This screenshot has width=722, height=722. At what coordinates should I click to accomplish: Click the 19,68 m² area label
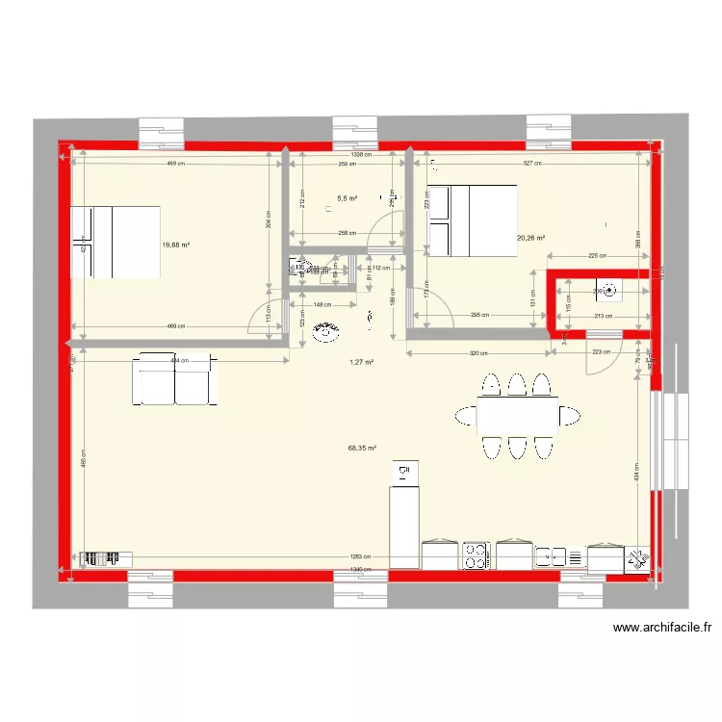(x=175, y=245)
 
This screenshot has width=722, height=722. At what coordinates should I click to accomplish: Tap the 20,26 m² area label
(x=530, y=238)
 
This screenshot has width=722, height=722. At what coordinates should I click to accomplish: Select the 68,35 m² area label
(x=362, y=448)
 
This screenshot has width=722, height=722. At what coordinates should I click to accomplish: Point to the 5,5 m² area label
(x=347, y=199)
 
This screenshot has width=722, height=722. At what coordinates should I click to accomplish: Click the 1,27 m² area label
(x=361, y=363)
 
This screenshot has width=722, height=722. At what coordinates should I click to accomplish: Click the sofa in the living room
(x=175, y=378)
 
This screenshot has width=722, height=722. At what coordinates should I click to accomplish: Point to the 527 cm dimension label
(x=531, y=164)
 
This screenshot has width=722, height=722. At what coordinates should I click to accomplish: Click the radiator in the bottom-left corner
(x=105, y=557)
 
